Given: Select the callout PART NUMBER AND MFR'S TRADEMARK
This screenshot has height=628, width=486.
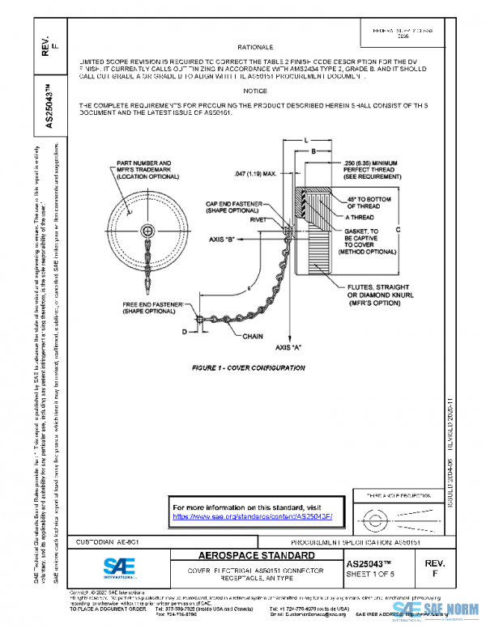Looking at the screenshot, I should [139, 169].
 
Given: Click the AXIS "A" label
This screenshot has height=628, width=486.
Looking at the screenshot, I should [290, 346].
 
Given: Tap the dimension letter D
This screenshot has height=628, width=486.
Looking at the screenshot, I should [183, 331].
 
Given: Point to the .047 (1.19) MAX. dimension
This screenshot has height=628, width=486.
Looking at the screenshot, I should [255, 173].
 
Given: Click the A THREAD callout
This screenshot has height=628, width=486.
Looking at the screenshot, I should [361, 218].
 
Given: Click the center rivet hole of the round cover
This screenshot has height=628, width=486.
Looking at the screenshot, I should [147, 231].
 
